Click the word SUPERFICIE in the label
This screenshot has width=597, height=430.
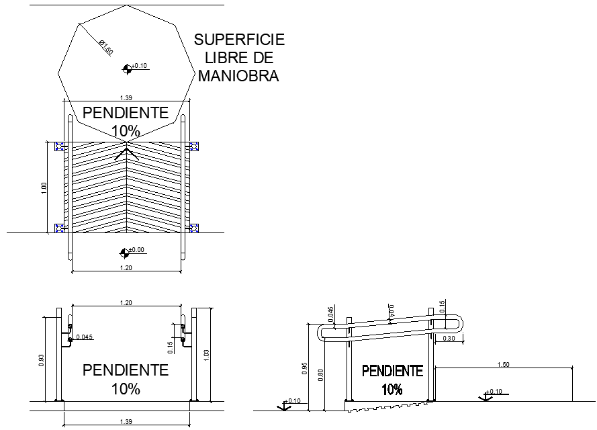(x=239, y=40)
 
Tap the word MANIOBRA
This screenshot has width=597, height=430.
(x=238, y=76)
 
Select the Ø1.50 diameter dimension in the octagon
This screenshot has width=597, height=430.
(x=105, y=48)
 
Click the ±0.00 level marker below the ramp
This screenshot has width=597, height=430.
(x=124, y=253)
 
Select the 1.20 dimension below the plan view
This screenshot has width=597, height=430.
(x=126, y=267)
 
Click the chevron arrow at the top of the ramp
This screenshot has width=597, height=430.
(x=126, y=155)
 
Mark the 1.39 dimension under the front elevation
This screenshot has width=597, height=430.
(x=126, y=421)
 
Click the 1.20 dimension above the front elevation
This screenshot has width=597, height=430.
(x=126, y=303)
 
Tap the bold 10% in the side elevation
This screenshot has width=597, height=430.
(x=392, y=390)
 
